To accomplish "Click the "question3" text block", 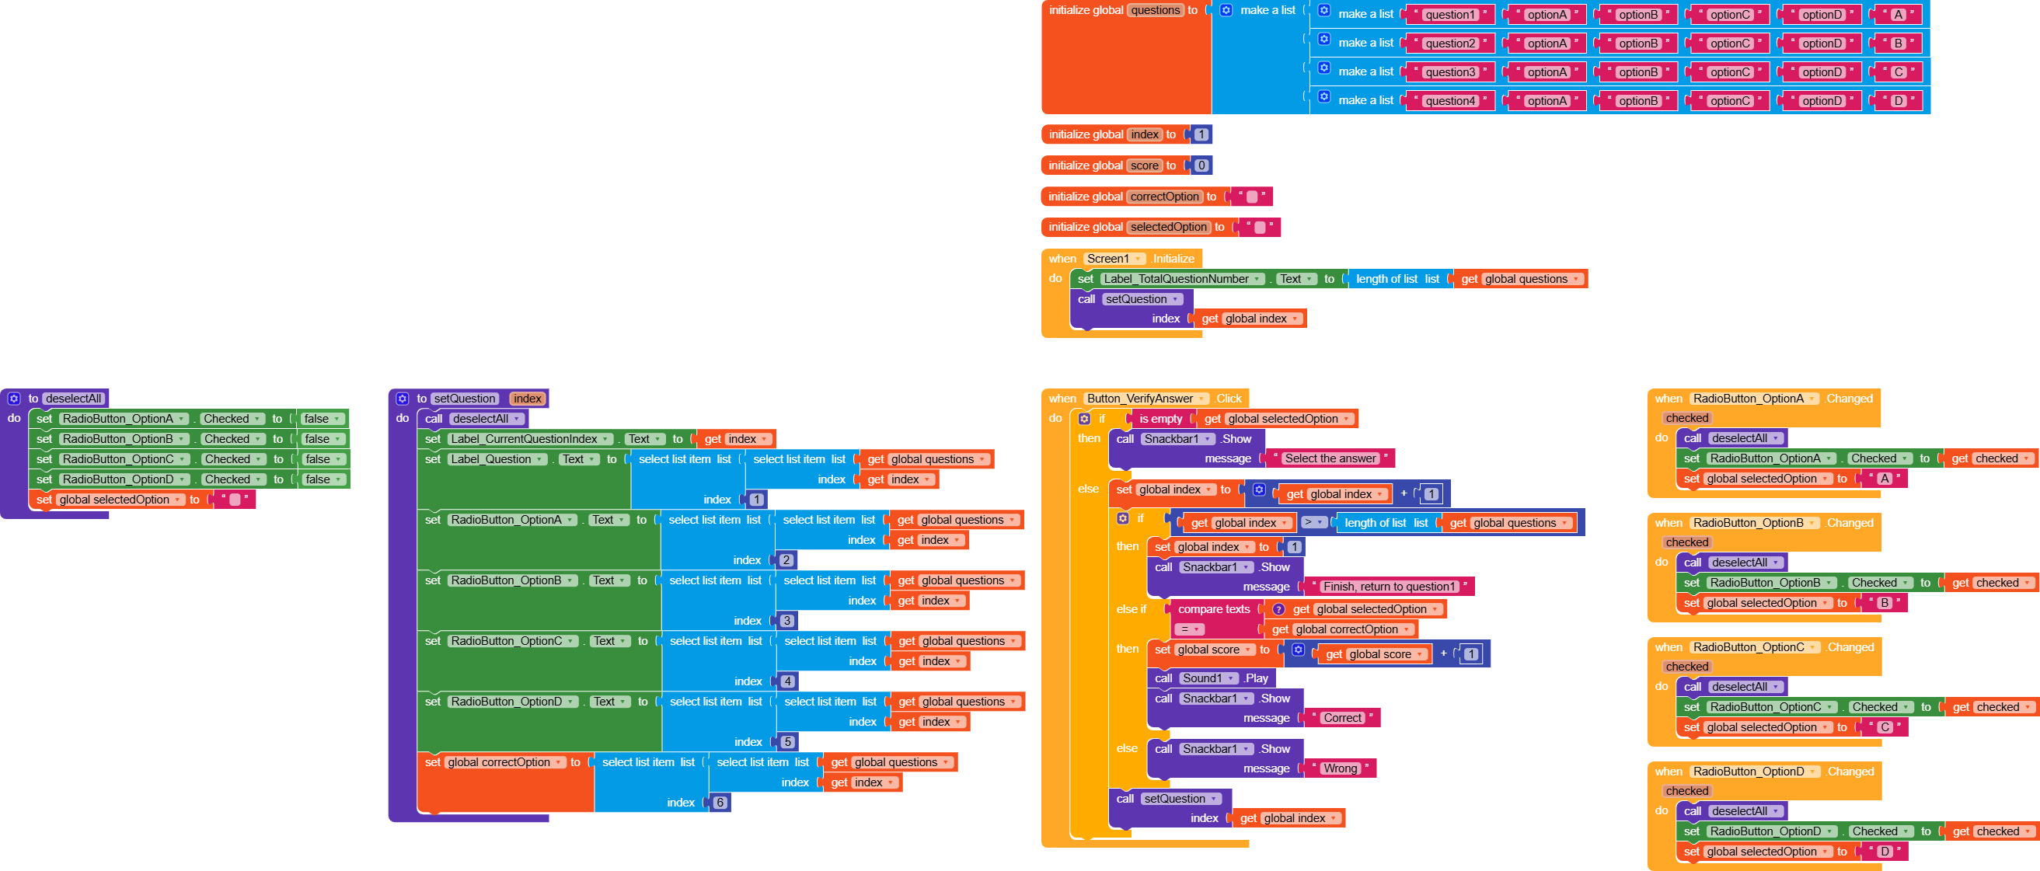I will (x=1450, y=72).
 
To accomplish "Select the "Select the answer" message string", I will (x=1330, y=458).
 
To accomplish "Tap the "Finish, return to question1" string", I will (x=1389, y=587).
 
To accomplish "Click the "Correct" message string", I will (x=1342, y=718).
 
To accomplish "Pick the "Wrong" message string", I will (x=1340, y=769).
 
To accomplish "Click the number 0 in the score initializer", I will (x=1201, y=165).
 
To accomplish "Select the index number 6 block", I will (x=720, y=803).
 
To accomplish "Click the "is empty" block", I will (x=1160, y=419).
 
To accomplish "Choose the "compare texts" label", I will (x=1213, y=610).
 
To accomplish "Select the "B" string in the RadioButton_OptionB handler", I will (x=1884, y=604).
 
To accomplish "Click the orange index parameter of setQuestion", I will (x=527, y=399).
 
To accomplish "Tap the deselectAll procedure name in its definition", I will (x=73, y=399).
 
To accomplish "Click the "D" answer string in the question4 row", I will (x=1898, y=101).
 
